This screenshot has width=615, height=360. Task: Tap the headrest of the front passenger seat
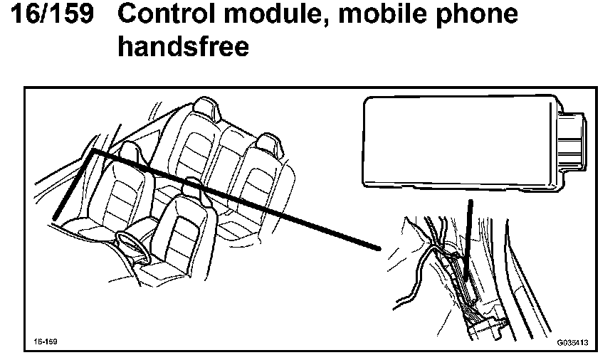(x=192, y=186)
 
